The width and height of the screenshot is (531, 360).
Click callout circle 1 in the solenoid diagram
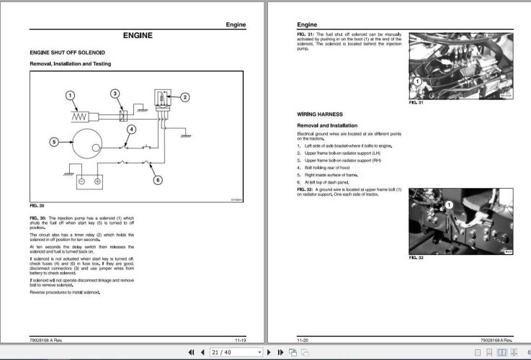click(x=70, y=95)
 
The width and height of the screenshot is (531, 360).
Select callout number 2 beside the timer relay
click(x=184, y=97)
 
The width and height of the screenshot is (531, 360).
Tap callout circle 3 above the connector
click(x=115, y=94)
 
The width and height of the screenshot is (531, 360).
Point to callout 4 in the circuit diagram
click(x=130, y=130)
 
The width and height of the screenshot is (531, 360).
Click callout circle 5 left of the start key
click(x=53, y=142)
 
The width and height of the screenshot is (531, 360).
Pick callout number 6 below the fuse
click(x=159, y=180)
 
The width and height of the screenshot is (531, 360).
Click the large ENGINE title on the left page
click(x=137, y=35)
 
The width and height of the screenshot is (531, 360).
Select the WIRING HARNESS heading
click(x=321, y=114)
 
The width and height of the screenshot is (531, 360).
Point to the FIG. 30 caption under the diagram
click(x=37, y=207)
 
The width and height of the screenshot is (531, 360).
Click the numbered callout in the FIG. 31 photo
click(x=416, y=81)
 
